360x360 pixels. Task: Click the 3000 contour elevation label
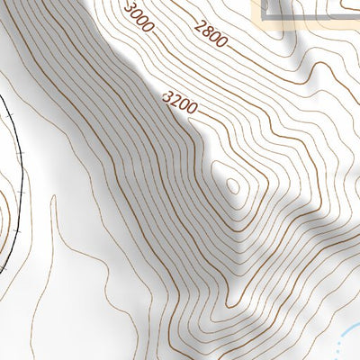(139, 17)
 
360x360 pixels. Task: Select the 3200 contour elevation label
(181, 104)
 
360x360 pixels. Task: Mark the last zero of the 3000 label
(150, 25)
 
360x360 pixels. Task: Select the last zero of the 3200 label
(193, 112)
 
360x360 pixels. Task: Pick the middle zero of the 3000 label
(143, 20)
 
